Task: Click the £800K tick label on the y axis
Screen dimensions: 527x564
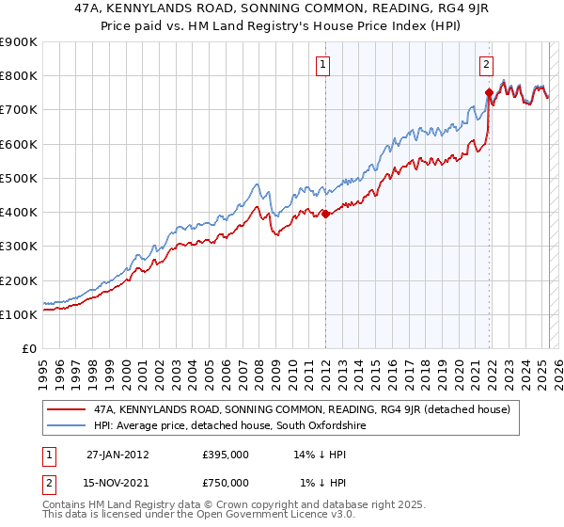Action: pos(18,76)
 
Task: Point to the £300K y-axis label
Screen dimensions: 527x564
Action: pos(18,247)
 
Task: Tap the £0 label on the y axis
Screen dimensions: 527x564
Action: pos(29,349)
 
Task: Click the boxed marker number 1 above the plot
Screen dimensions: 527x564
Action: pos(323,65)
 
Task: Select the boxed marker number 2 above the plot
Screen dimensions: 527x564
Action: pos(487,65)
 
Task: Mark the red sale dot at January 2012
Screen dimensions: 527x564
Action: pos(325,214)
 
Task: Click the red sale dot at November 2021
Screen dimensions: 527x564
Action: pos(489,92)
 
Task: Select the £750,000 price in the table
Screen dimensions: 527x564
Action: pos(226,483)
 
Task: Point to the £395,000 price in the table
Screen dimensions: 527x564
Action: pos(226,455)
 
